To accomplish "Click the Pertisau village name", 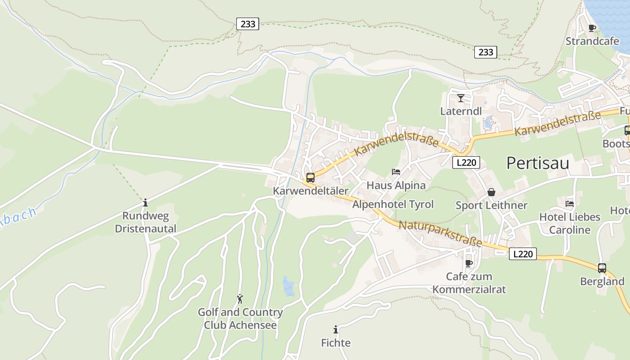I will point(537,163).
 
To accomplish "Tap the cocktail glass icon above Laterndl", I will point(460,98).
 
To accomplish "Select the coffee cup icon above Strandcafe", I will point(592,28).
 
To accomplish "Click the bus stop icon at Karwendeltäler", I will point(310,177).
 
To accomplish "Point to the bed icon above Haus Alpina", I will point(396,172).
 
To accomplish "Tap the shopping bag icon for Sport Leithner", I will point(491,192).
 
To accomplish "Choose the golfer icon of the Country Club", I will point(240,299).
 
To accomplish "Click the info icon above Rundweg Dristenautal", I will point(145,202).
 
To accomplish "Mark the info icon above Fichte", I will point(335,329).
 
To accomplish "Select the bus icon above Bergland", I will point(602,268).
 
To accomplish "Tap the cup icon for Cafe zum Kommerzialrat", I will point(468,263).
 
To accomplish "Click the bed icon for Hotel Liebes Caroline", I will point(569,204).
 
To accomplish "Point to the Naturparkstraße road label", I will point(440,234).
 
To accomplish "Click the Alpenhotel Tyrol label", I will point(393,204).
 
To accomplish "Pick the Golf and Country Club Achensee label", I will point(240,319).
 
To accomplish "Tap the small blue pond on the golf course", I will point(288,286).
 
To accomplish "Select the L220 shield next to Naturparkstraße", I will point(522,254).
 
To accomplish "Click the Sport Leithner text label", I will point(491,206).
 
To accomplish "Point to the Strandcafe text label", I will point(592,41).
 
